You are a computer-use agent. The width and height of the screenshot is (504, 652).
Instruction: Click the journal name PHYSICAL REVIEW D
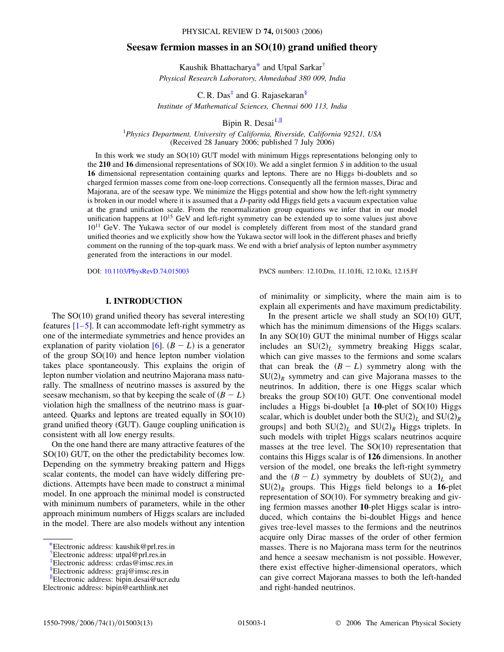tap(221, 32)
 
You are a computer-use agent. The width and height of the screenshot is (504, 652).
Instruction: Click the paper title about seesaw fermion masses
tap(252, 47)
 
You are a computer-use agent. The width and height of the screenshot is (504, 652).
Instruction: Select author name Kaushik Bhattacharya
tap(217, 67)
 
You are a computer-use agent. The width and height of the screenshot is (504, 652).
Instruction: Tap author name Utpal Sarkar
tap(299, 67)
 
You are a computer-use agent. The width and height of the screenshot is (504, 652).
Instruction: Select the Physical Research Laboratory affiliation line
tap(252, 78)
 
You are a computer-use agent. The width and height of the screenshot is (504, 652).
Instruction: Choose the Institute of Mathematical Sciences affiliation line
tap(252, 106)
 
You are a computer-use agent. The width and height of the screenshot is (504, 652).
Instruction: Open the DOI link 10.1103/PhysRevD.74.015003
tap(146, 271)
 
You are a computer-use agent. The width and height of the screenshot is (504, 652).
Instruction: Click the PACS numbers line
tap(338, 271)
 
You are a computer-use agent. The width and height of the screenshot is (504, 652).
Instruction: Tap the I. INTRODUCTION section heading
tap(144, 301)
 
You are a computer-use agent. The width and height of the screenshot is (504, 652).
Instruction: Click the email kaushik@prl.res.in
tap(145, 547)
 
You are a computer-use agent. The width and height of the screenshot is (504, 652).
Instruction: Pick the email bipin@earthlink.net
tap(137, 588)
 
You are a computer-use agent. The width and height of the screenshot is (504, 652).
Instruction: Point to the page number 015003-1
tap(252, 623)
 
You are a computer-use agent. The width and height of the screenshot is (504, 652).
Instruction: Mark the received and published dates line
tap(252, 142)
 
